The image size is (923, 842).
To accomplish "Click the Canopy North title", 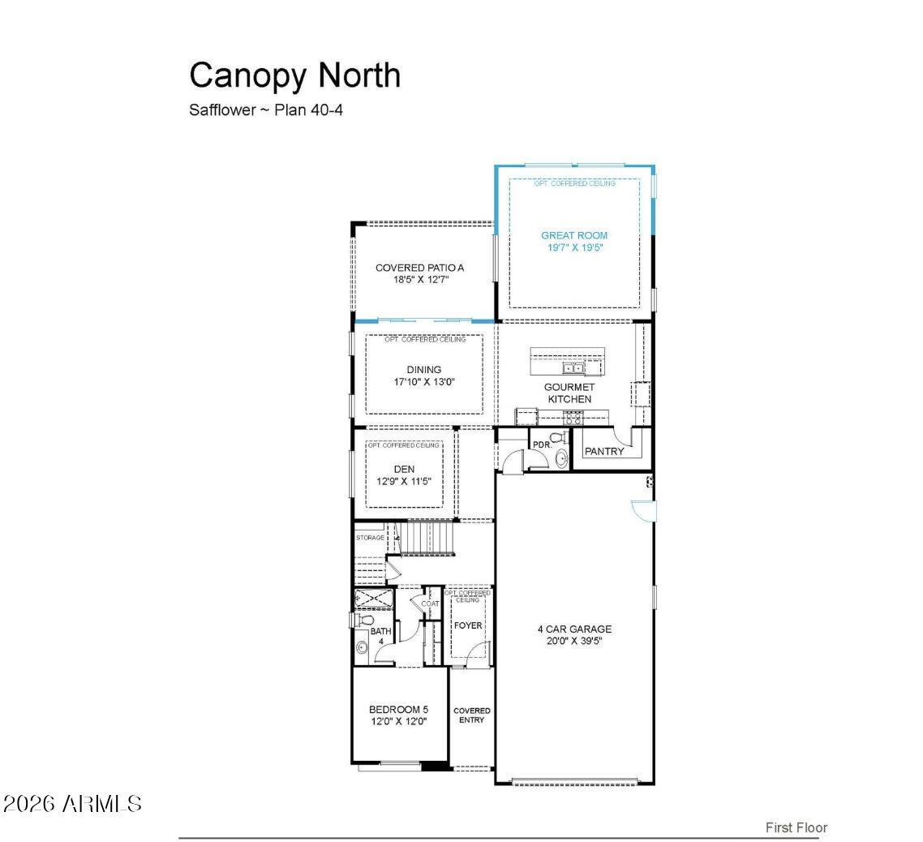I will tap(294, 75).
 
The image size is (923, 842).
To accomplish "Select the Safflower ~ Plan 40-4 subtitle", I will tap(266, 110).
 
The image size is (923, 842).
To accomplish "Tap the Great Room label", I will tap(574, 235).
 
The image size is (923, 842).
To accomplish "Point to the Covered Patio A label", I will tap(419, 268).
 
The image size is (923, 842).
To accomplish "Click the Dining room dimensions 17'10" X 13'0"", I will tap(424, 381).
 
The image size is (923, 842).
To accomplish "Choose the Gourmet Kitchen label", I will tap(569, 393).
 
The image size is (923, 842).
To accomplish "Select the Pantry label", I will tap(604, 451).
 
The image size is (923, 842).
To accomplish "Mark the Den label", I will tap(404, 469).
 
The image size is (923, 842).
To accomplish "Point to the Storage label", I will tap(371, 538).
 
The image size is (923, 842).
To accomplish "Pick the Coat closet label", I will tap(430, 604).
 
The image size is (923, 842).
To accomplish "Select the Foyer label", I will tap(468, 625).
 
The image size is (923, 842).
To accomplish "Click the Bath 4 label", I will tap(380, 636).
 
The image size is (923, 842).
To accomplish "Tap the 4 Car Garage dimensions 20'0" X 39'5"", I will tap(574, 641).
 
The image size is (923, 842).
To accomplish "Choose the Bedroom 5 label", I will tap(398, 709).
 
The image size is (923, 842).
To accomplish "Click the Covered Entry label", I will tap(471, 715).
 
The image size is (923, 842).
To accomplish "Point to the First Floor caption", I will tap(796, 827).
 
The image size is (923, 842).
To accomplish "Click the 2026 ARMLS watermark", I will tap(72, 804).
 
